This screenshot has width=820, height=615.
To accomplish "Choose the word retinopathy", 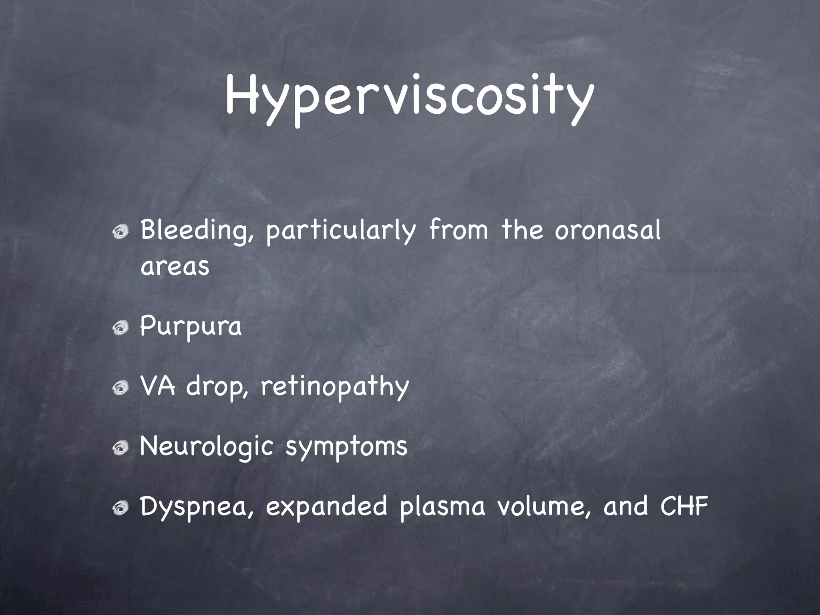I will click(335, 387).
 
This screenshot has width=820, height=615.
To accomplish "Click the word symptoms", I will click(346, 447).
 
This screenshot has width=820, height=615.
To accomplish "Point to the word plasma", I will click(442, 507).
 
